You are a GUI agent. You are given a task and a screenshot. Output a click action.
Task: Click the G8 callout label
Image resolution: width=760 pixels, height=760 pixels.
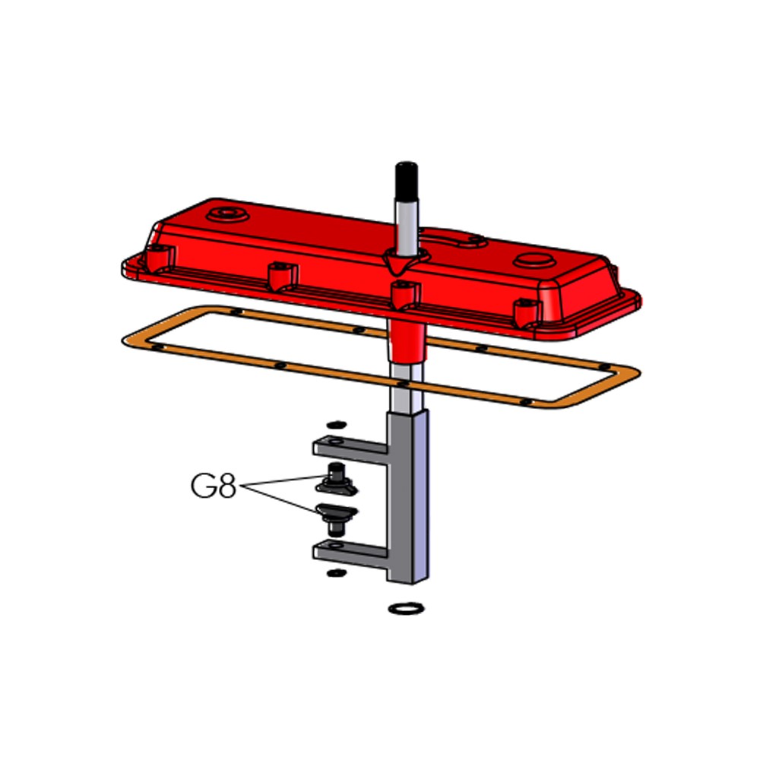coord(214,486)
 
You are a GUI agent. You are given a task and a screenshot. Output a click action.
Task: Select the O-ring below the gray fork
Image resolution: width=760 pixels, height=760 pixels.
coord(406,608)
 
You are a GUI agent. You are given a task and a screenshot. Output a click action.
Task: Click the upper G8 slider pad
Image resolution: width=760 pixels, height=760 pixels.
coord(337,480)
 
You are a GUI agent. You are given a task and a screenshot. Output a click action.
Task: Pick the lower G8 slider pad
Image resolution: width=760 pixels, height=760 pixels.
coord(337,518)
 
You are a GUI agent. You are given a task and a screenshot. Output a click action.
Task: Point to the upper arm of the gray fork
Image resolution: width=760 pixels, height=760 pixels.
coord(350,449)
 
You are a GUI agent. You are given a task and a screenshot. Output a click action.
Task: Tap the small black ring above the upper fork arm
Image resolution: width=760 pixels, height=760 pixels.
coord(337,425)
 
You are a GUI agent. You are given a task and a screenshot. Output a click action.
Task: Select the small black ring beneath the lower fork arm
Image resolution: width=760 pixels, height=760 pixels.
coord(337,573)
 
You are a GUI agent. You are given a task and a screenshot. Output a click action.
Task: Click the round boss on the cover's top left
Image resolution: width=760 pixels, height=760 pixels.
coord(227,214)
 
